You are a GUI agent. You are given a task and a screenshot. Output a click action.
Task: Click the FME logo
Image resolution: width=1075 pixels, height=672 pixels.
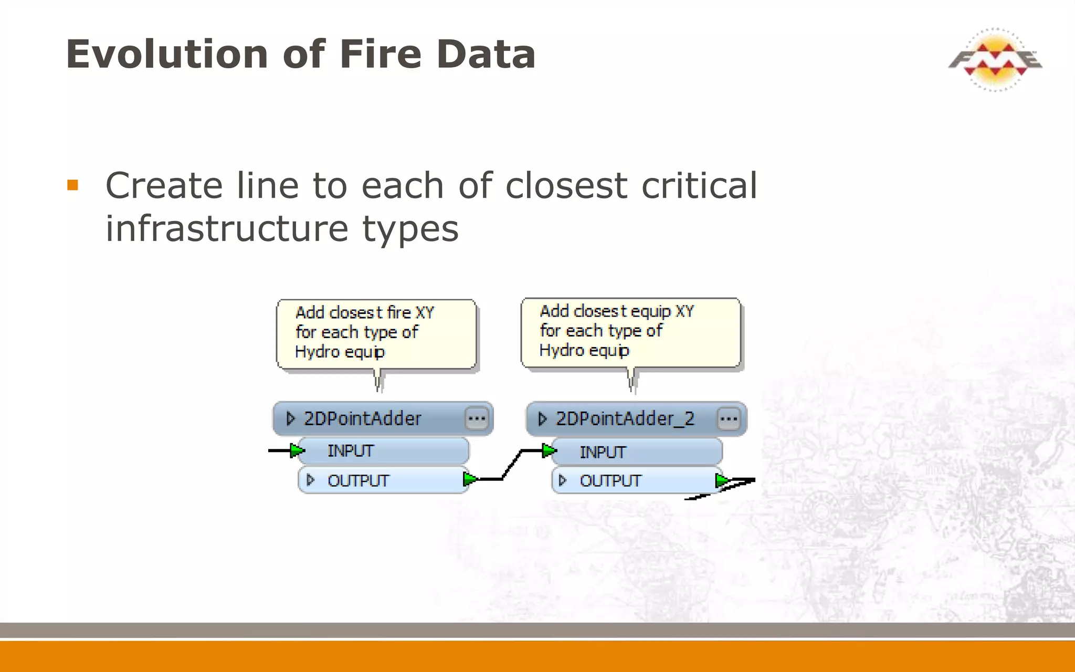(x=995, y=59)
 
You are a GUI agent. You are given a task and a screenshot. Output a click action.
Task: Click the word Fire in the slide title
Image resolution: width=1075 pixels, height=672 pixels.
(x=380, y=54)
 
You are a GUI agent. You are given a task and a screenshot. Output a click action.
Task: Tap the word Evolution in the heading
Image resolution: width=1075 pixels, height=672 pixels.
(x=167, y=54)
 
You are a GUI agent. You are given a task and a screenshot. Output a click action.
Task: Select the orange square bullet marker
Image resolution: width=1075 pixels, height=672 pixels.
(x=72, y=185)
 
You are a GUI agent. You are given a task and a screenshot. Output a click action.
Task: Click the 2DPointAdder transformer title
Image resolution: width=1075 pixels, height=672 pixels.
(x=362, y=418)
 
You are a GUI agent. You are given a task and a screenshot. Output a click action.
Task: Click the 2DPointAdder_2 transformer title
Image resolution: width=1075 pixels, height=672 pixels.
(x=625, y=418)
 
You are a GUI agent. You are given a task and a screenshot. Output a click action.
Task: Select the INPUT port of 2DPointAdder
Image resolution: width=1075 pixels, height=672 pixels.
(x=350, y=451)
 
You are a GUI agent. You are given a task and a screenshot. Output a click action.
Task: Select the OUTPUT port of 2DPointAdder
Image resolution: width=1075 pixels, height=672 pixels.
(x=358, y=480)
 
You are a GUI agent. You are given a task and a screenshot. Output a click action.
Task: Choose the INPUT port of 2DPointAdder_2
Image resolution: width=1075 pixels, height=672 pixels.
(x=602, y=452)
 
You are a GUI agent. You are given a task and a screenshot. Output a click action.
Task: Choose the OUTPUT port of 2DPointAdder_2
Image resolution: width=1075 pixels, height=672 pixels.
(x=610, y=480)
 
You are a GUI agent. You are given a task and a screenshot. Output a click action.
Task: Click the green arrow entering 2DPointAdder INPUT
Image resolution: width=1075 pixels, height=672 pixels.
(x=297, y=450)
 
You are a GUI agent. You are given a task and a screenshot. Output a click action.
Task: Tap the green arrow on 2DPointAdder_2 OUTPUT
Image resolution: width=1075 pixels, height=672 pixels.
(x=722, y=480)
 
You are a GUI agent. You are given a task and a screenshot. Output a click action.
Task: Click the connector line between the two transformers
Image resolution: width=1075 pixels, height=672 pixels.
(x=511, y=465)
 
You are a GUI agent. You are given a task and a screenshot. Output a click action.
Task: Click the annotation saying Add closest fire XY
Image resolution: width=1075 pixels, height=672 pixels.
(x=376, y=333)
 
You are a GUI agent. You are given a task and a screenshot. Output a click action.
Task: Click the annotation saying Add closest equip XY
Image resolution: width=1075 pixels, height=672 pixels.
(x=630, y=331)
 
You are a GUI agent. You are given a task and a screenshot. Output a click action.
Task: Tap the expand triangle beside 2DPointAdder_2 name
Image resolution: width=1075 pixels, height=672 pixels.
(x=542, y=419)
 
